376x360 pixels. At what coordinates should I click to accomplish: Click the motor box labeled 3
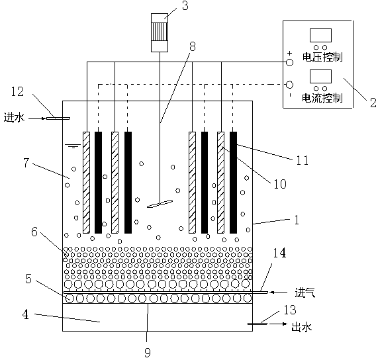click(160, 32)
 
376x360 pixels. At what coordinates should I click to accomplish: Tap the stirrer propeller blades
click(160, 204)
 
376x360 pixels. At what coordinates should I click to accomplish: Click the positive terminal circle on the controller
click(290, 62)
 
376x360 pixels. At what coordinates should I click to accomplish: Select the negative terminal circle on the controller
click(290, 85)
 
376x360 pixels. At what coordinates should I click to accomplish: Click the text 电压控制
click(322, 57)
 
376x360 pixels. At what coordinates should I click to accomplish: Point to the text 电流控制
click(322, 98)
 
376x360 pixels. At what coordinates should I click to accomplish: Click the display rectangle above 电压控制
click(320, 36)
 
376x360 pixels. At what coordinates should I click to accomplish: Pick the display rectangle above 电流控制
click(320, 77)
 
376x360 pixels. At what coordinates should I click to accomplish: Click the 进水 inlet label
click(14, 118)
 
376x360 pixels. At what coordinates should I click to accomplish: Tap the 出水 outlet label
click(301, 327)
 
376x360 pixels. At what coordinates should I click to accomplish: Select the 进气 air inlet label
click(305, 292)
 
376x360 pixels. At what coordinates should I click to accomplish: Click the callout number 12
click(18, 91)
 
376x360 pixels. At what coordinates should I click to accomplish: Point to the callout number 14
click(279, 253)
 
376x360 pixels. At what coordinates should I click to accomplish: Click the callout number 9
click(148, 353)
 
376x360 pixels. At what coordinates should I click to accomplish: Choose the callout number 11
click(303, 160)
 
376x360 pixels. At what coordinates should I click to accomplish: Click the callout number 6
click(34, 232)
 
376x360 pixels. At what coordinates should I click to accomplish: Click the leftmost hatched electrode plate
click(86, 183)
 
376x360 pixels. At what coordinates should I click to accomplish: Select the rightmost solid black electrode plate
click(233, 183)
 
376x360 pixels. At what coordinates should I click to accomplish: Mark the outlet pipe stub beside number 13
click(258, 324)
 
